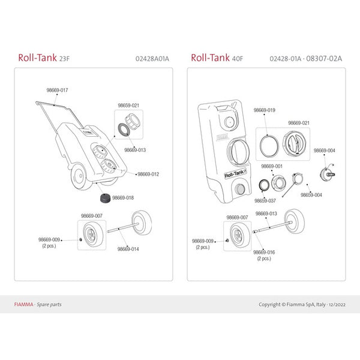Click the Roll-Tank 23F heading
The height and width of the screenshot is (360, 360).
click(44, 58)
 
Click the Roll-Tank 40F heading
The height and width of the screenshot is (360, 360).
click(217, 58)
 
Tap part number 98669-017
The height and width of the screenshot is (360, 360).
click(57, 90)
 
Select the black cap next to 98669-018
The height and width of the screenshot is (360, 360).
click(106, 198)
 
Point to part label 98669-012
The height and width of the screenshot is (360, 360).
click(148, 174)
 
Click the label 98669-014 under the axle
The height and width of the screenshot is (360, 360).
click(128, 249)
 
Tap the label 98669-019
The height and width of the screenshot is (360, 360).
click(264, 110)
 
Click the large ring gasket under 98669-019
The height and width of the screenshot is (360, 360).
click(269, 146)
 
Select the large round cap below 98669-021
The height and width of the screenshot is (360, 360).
click(295, 143)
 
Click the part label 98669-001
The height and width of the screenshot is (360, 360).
click(272, 166)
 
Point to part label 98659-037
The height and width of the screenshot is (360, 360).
click(265, 200)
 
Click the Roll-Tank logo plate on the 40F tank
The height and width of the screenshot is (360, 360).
click(235, 174)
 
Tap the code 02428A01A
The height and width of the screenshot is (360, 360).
click(152, 59)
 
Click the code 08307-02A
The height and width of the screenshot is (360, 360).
click(324, 59)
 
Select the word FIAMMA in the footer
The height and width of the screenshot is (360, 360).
click(23, 304)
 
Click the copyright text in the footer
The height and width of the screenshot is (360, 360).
click(302, 304)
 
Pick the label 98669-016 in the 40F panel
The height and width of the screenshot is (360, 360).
click(264, 252)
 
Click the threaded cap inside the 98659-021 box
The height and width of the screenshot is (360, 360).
click(133, 121)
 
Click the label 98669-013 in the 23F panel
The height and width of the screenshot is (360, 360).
click(135, 150)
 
